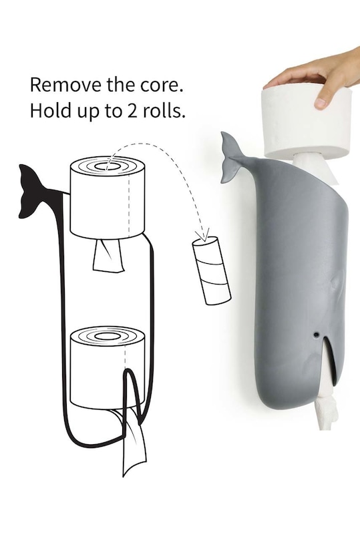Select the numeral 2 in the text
click(132, 110)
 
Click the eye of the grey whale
click(316, 335)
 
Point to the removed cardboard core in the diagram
click(212, 270)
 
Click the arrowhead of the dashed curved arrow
click(203, 235)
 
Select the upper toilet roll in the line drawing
click(108, 198)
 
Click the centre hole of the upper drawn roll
click(108, 166)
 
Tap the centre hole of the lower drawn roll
click(108, 335)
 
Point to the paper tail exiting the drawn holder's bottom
click(134, 443)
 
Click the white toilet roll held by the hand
click(308, 125)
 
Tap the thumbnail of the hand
click(320, 102)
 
